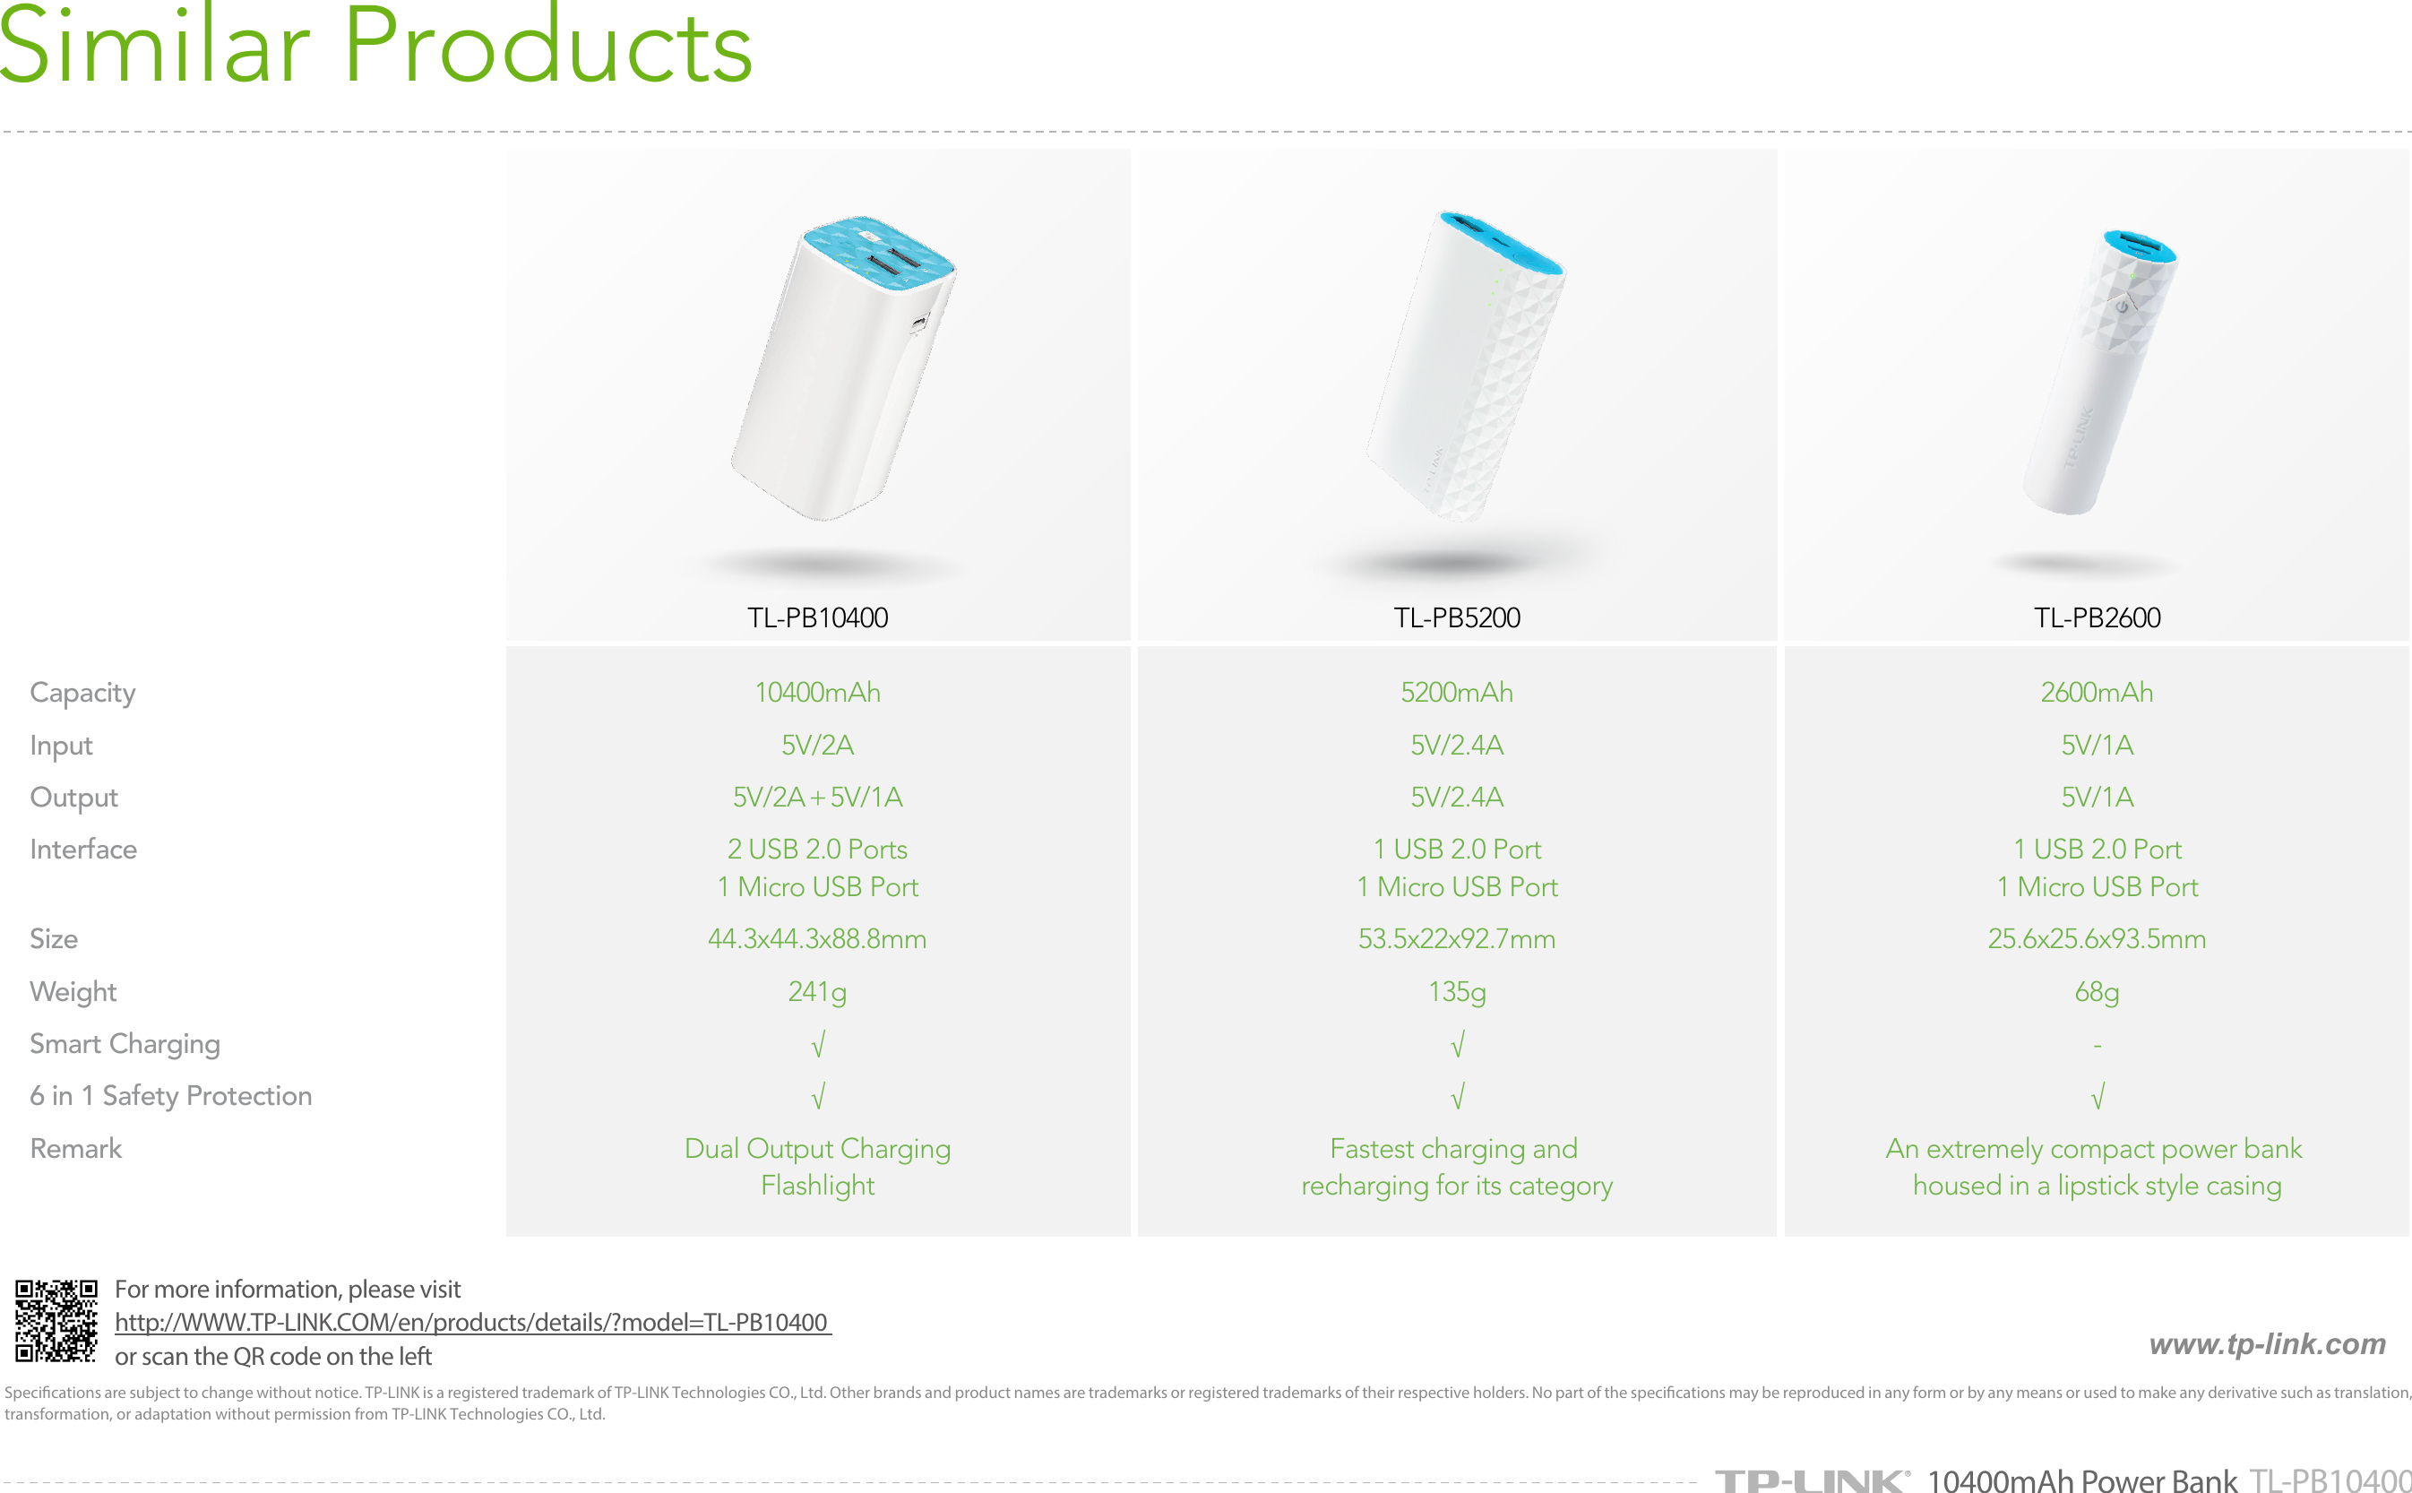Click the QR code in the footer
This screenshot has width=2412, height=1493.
point(56,1321)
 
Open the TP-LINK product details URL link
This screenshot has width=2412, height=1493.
point(472,1322)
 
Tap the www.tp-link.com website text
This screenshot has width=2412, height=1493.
point(2267,1344)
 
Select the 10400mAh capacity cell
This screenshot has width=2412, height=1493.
point(817,692)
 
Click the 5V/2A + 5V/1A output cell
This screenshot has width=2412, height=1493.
point(817,797)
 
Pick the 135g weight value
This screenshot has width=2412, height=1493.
point(1456,991)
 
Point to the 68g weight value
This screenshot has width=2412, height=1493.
point(2097,991)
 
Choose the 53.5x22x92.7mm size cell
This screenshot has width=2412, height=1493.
point(1456,938)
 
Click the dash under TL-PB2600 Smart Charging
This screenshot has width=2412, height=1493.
point(2097,1045)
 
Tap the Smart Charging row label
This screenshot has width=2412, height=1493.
point(125,1045)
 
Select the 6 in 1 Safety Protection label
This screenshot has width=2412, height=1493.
point(171,1096)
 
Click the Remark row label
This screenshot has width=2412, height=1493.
point(76,1148)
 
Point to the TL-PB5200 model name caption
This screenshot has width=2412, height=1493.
point(1456,617)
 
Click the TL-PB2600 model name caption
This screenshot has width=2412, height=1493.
point(2097,617)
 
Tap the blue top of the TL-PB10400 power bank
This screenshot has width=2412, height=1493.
point(879,255)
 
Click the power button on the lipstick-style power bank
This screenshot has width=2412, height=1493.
point(2122,307)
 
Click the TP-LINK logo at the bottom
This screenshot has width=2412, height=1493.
point(1811,1480)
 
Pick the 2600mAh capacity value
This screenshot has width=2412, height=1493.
point(2097,692)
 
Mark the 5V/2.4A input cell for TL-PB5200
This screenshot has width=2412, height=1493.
point(1456,745)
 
